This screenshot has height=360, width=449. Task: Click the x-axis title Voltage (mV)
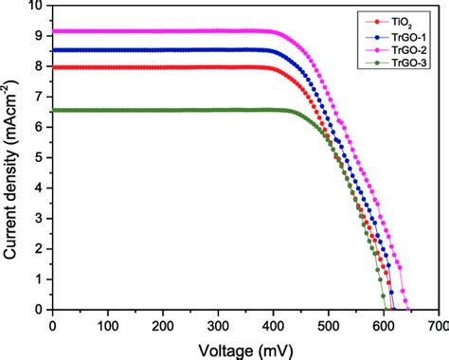(x=245, y=349)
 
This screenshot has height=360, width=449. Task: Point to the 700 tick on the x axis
(x=438, y=325)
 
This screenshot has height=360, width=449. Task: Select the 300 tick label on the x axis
(x=218, y=325)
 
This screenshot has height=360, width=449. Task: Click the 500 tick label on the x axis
(x=328, y=325)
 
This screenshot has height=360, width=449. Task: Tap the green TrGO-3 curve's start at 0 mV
(x=53, y=110)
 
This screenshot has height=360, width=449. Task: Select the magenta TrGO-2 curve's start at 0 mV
(x=53, y=31)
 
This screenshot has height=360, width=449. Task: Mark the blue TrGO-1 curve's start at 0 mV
(x=53, y=49)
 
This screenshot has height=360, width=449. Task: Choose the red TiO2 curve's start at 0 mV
(x=53, y=67)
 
